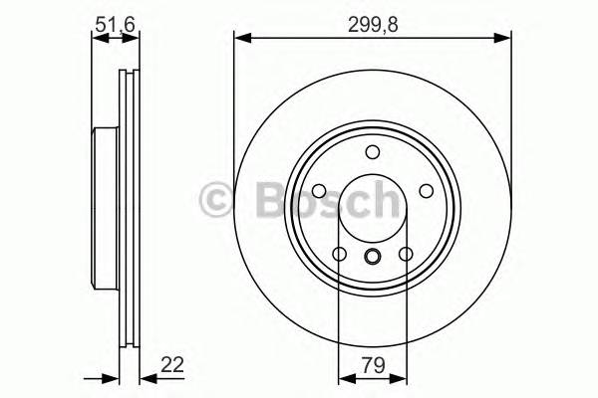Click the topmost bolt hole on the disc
tap(373, 152)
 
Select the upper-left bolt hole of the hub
tap(319, 191)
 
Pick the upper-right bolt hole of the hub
tap(426, 191)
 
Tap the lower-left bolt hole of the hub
tap(339, 255)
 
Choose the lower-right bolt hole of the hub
tap(406, 255)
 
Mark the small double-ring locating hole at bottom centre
tap(373, 259)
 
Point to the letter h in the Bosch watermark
tap(381, 199)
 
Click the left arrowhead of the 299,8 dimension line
tap(241, 38)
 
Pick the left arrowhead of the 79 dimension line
tap(345, 377)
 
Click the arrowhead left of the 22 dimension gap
tap(112, 377)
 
